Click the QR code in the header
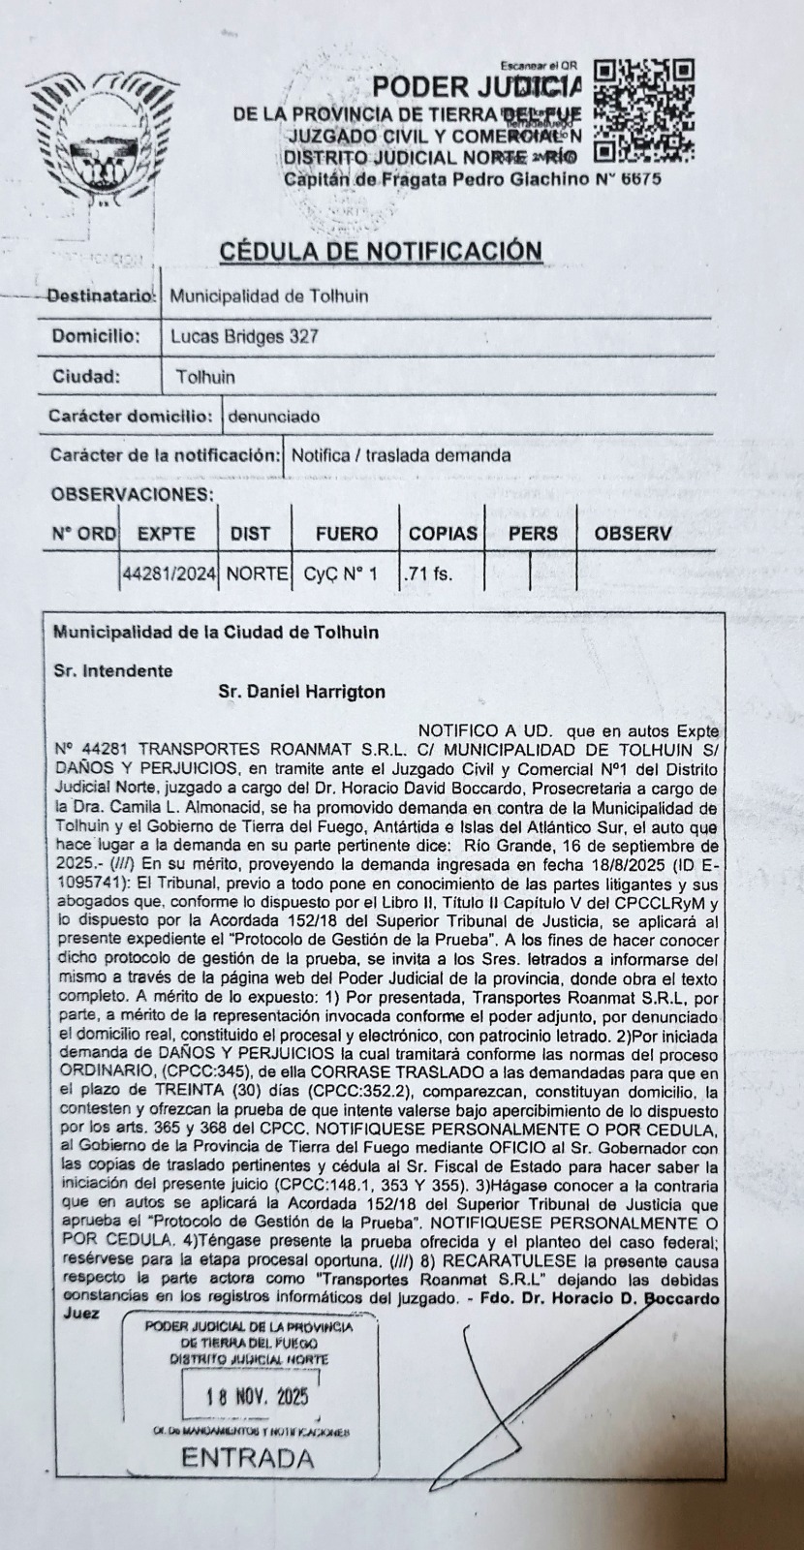point(644,109)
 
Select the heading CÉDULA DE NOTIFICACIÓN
point(381,250)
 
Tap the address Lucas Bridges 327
point(244,337)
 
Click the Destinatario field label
point(101,296)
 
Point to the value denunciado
point(272,417)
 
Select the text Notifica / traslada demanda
point(401,455)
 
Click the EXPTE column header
point(166,533)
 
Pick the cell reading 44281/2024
point(170,573)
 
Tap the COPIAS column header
point(443,533)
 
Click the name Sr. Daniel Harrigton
point(302,692)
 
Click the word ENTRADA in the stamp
point(248,1458)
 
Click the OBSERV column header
point(633,533)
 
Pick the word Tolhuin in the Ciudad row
point(205,377)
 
